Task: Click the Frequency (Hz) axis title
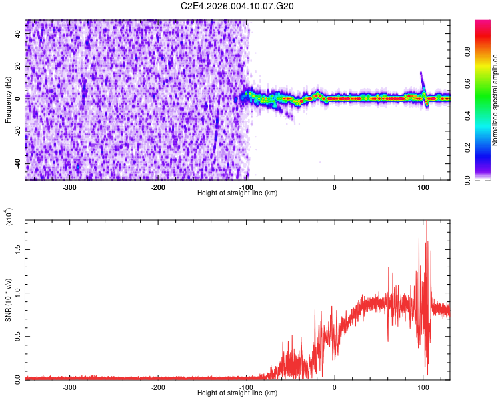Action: point(8,100)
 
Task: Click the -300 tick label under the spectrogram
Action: point(71,187)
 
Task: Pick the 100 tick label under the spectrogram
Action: point(423,187)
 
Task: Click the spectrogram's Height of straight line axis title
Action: point(237,193)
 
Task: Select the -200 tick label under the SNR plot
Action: point(159,387)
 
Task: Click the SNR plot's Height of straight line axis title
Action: point(237,393)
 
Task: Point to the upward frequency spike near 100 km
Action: point(421,73)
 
